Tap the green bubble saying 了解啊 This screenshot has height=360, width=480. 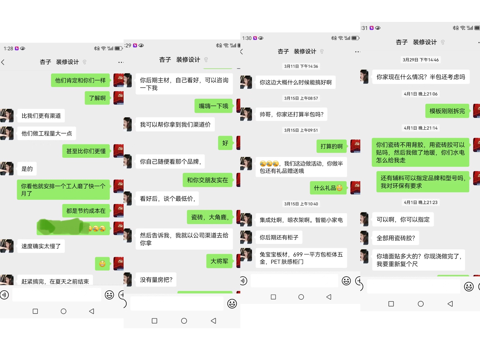(97, 98)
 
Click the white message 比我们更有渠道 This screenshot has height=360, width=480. (41, 116)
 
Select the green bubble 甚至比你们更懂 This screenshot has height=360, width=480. (86, 151)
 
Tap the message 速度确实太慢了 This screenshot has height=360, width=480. (41, 246)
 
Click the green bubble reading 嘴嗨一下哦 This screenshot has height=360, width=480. (213, 106)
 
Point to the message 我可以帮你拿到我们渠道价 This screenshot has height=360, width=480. (175, 124)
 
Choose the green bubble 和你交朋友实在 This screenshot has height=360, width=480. (207, 180)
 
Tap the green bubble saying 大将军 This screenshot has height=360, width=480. (219, 261)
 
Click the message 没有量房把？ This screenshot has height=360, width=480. (156, 280)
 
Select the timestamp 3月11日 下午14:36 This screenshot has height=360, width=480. (301, 66)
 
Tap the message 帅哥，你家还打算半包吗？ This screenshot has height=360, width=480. (291, 114)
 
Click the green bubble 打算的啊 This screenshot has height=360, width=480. (331, 146)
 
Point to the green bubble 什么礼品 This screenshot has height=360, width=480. (328, 188)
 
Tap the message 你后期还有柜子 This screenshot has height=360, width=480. (279, 237)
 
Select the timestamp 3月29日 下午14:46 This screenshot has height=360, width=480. (420, 60)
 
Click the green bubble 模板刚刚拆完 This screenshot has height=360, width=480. (447, 111)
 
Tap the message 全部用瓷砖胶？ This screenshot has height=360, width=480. (396, 238)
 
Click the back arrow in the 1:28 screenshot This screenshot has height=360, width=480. (3, 62)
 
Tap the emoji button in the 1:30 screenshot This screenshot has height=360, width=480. (346, 281)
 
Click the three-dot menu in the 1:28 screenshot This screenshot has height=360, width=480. (121, 62)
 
